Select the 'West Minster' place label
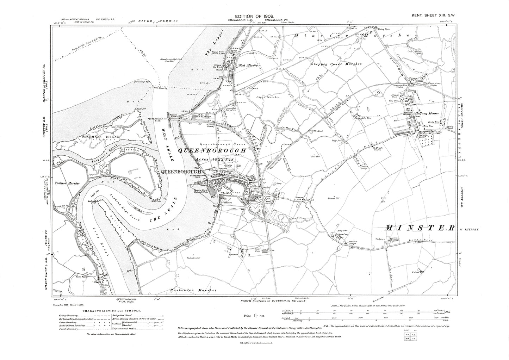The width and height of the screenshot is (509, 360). point(249,66)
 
